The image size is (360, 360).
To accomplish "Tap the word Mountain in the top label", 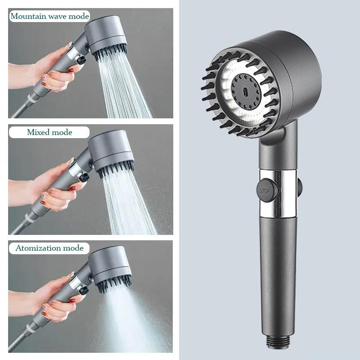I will pos(28,16).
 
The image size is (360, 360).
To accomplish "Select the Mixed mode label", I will pos(49,132).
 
